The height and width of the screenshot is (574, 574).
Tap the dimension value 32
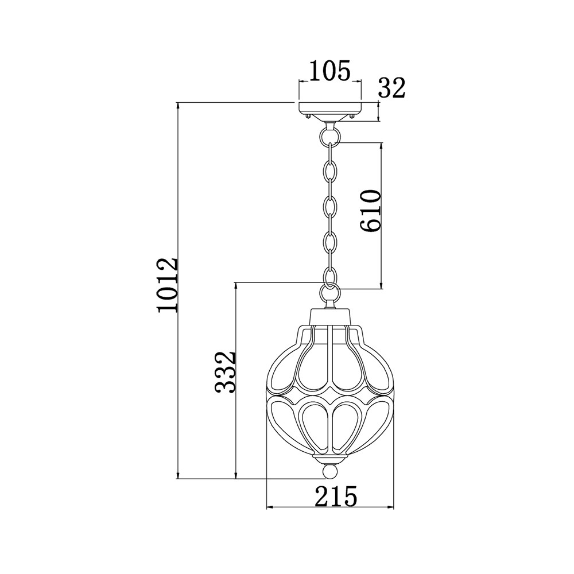tap(391, 88)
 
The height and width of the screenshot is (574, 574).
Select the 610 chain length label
tap(370, 211)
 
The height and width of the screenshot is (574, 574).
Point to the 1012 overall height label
tap(168, 285)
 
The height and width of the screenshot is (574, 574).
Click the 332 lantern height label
tap(224, 373)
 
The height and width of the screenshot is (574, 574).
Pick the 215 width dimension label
tap(336, 496)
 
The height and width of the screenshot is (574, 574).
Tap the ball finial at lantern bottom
tap(330, 471)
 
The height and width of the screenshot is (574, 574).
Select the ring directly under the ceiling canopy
tap(330, 134)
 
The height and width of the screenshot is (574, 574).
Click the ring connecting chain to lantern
tap(330, 292)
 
